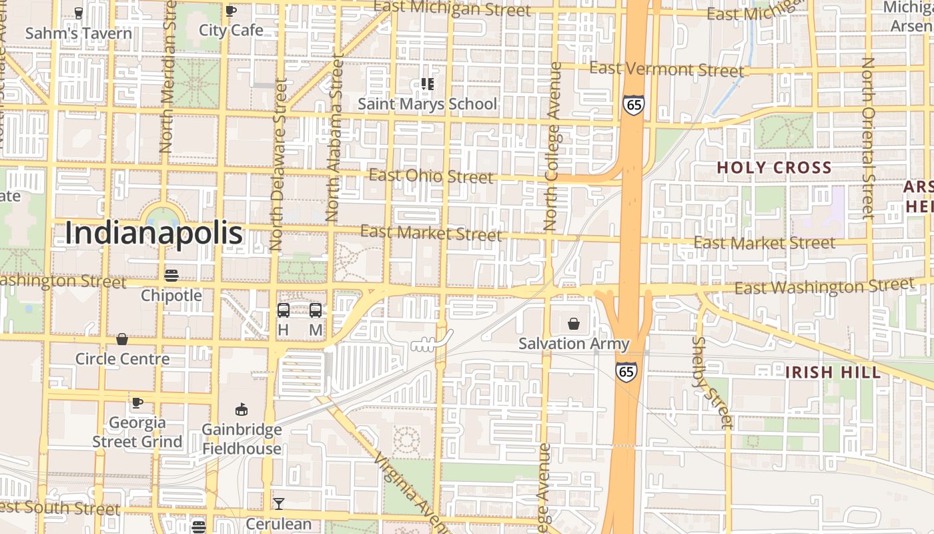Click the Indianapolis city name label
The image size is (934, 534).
point(154,234)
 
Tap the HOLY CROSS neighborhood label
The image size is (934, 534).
point(774,168)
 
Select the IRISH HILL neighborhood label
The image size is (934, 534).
point(833,372)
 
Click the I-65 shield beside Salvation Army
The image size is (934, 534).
point(626,371)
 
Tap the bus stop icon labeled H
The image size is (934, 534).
point(283,310)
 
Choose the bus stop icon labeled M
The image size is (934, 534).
point(316,310)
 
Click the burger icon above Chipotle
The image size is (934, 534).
point(171,275)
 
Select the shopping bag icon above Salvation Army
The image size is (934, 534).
point(574,324)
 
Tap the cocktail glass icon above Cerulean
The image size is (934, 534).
point(279,504)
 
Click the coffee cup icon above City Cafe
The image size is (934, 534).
point(231,11)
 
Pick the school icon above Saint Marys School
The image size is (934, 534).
point(427,84)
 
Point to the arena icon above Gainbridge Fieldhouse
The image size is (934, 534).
point(242,409)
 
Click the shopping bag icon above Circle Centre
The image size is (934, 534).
point(122,340)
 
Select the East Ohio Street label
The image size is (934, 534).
point(431,176)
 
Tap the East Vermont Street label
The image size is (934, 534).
point(666,69)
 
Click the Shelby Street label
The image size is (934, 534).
point(712,382)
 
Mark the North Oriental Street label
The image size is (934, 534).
point(867,138)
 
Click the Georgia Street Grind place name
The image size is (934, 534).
point(137,432)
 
